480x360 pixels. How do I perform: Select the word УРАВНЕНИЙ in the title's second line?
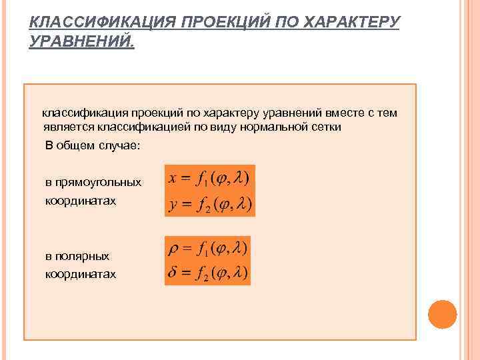coord(81,43)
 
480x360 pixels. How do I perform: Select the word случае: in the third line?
coord(117,146)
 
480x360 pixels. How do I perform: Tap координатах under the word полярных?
coord(80,274)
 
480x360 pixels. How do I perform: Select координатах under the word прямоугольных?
coord(80,200)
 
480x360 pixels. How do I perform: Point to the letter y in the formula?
coord(173,204)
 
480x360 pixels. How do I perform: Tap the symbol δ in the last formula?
coord(172,272)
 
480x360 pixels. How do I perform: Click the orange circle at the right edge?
coord(442,314)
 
